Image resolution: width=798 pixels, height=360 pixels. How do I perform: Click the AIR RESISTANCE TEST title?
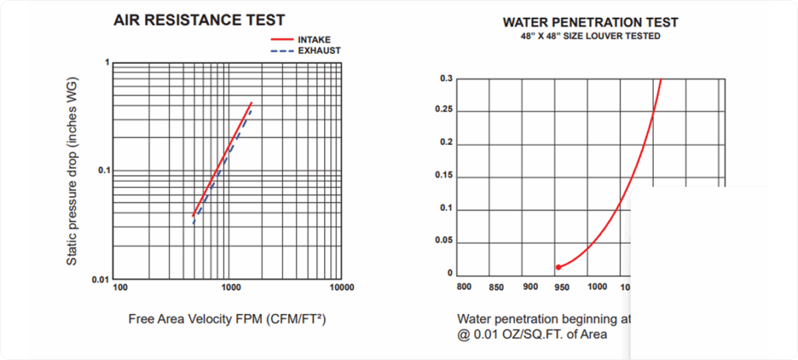click(200, 19)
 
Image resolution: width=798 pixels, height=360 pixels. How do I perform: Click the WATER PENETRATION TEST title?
click(590, 22)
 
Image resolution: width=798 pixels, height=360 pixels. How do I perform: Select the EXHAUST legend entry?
click(319, 51)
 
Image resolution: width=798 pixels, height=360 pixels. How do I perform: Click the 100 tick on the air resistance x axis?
click(120, 288)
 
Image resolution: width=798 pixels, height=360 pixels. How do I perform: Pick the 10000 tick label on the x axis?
click(341, 288)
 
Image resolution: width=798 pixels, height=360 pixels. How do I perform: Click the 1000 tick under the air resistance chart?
click(231, 288)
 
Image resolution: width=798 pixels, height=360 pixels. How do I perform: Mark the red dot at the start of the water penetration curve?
click(558, 267)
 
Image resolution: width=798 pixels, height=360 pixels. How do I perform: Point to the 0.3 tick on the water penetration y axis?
click(446, 79)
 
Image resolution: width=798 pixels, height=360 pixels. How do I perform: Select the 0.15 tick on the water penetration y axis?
click(443, 176)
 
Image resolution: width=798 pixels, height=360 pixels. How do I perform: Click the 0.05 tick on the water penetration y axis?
click(443, 242)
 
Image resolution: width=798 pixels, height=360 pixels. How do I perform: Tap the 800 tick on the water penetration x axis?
click(464, 287)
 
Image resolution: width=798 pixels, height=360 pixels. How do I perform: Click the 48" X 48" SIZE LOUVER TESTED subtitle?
click(590, 36)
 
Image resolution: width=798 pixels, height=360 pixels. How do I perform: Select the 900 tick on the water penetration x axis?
click(530, 287)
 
